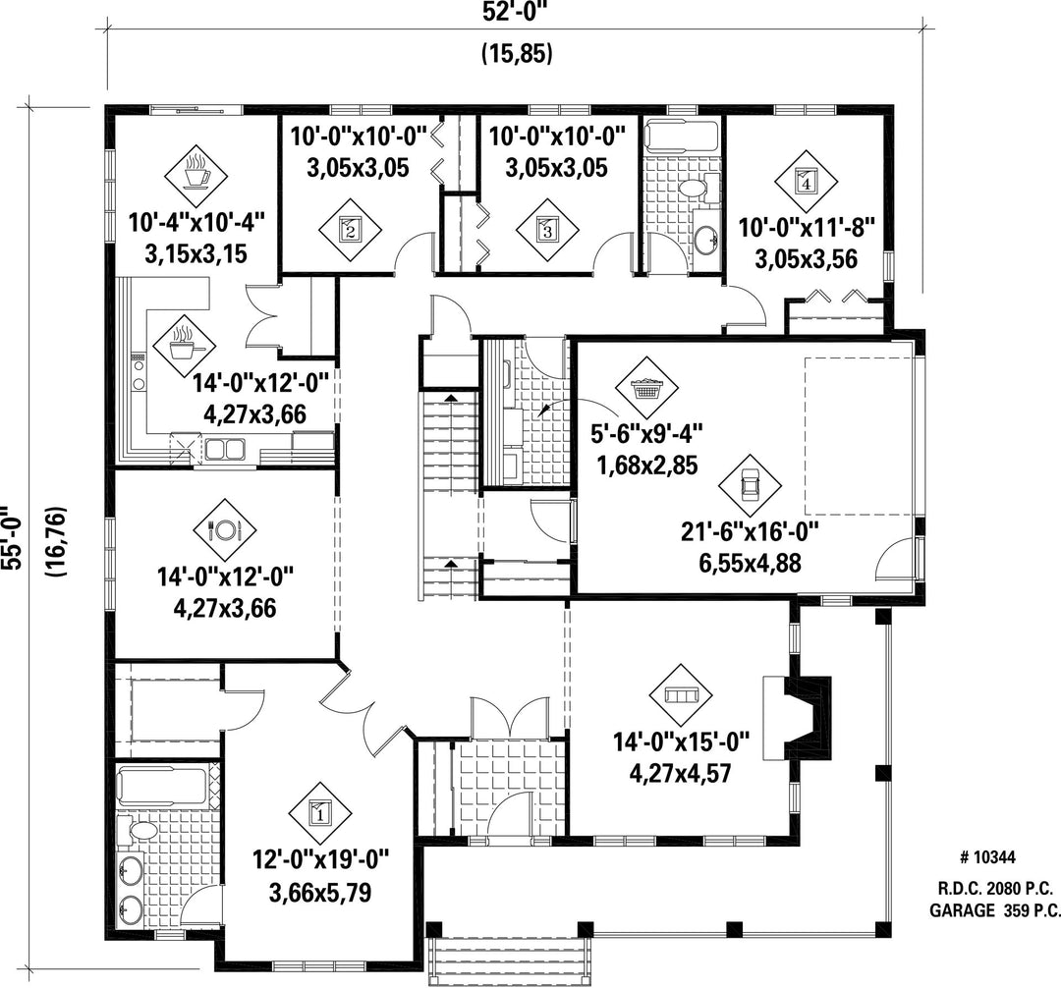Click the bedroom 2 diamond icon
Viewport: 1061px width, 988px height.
pyautogui.click(x=350, y=230)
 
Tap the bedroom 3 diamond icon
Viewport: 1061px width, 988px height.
pyautogui.click(x=547, y=230)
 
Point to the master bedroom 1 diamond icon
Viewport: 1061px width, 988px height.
pyautogui.click(x=320, y=813)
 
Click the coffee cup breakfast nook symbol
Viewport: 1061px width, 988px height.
pyautogui.click(x=196, y=176)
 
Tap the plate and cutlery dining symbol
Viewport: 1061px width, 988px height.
pyautogui.click(x=225, y=530)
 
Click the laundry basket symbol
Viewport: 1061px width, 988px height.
pyautogui.click(x=646, y=388)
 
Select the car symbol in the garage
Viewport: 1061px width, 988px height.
pyautogui.click(x=750, y=484)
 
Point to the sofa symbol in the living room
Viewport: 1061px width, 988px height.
pyautogui.click(x=681, y=696)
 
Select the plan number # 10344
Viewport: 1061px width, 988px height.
pyautogui.click(x=987, y=858)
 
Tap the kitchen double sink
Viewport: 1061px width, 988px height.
pyautogui.click(x=224, y=449)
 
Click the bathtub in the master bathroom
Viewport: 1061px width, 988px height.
pyautogui.click(x=162, y=787)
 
